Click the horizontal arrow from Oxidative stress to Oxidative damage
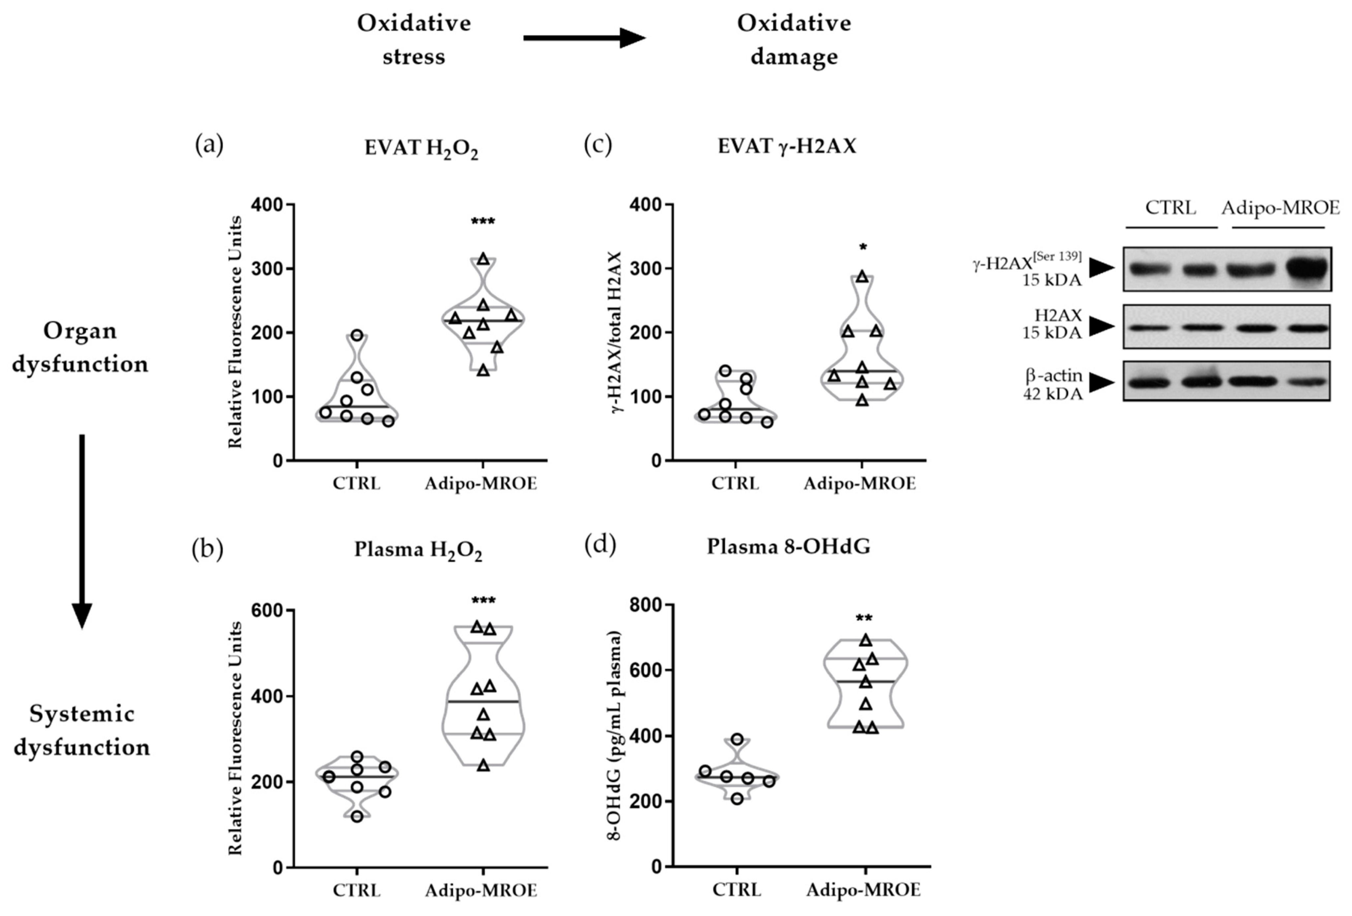pyautogui.click(x=583, y=38)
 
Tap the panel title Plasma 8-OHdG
pyautogui.click(x=788, y=547)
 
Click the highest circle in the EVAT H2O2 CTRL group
pyautogui.click(x=357, y=335)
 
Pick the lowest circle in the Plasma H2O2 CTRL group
pyautogui.click(x=357, y=816)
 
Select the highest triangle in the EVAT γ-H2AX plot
pyautogui.click(x=863, y=276)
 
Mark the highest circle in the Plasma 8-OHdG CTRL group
pyautogui.click(x=737, y=739)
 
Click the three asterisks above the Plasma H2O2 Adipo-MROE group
pyautogui.click(x=483, y=600)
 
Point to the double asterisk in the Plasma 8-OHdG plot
pyautogui.click(x=864, y=618)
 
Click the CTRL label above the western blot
pyautogui.click(x=1171, y=207)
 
